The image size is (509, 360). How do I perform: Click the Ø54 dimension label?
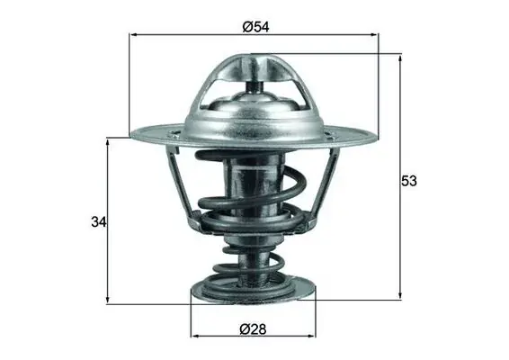[255, 27]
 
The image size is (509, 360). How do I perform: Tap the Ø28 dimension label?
[253, 329]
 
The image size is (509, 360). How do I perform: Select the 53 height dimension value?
[408, 181]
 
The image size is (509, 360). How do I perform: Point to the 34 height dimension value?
[99, 222]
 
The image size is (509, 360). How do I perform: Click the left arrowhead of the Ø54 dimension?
[133, 34]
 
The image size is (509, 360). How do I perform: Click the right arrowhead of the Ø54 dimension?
[375, 34]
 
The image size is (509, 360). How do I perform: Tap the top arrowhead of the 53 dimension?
[400, 58]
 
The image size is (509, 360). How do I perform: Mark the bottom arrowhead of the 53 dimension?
[400, 294]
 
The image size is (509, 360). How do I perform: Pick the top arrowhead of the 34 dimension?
[107, 142]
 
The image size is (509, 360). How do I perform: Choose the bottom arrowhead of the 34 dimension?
[107, 299]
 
